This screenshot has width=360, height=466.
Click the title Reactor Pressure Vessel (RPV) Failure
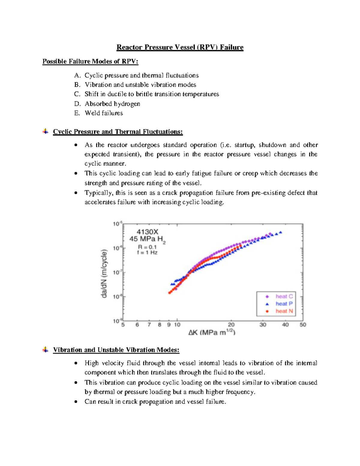(180, 47)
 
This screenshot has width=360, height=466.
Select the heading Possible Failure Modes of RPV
(90, 62)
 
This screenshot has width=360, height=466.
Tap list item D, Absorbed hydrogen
(112, 104)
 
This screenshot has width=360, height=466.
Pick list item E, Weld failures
(104, 113)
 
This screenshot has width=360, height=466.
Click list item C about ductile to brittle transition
(151, 94)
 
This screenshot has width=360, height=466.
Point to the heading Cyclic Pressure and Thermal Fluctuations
(118, 132)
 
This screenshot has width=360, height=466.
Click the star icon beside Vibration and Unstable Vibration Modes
(45, 350)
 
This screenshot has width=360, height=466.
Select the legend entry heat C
(284, 296)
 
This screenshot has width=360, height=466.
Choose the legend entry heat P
(284, 304)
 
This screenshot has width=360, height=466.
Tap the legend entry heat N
(284, 311)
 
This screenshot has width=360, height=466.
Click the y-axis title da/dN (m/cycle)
(104, 273)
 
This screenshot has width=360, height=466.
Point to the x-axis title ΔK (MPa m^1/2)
(212, 332)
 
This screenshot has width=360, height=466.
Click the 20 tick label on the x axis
(231, 325)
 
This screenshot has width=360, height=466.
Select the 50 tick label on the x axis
(303, 325)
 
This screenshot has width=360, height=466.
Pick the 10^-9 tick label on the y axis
(118, 321)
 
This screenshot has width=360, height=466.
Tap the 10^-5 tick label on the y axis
(118, 224)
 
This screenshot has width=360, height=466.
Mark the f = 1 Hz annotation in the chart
(147, 253)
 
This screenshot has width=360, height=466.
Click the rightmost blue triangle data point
(280, 232)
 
